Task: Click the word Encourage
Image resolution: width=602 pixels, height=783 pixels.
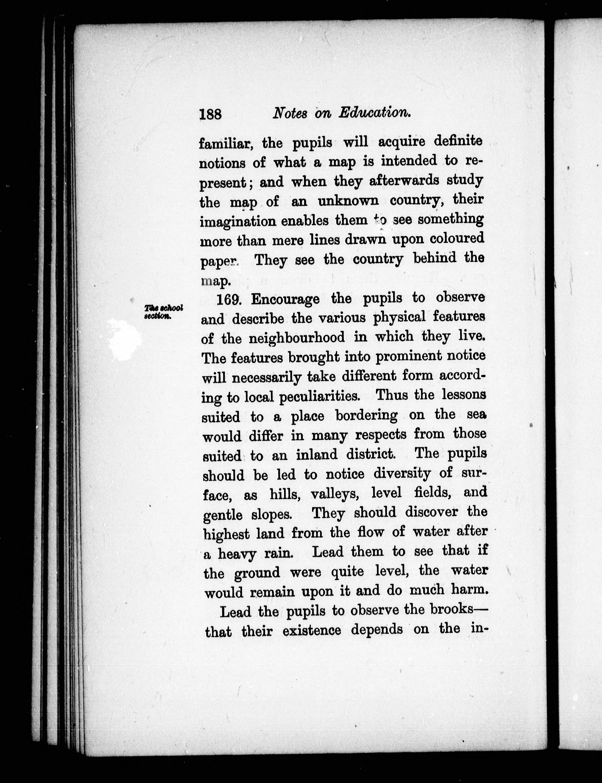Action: coord(285,299)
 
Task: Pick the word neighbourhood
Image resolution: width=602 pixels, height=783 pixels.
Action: coord(297,337)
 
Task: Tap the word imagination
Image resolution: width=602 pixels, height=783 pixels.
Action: coord(238,222)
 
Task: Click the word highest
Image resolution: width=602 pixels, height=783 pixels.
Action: coord(227,534)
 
